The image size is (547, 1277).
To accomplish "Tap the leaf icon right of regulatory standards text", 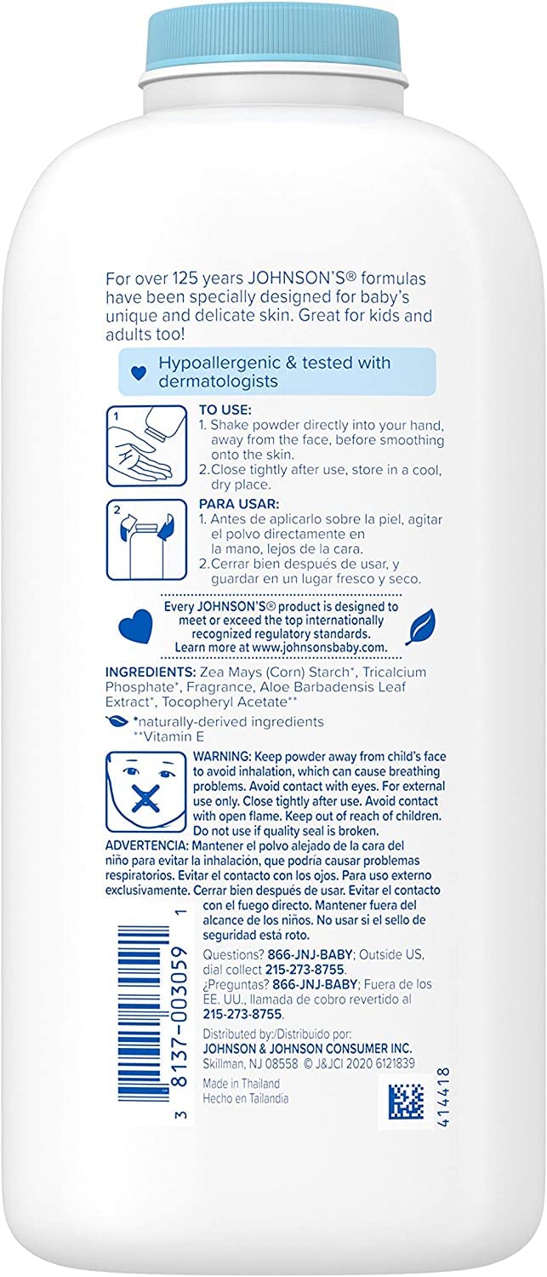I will [419, 629].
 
